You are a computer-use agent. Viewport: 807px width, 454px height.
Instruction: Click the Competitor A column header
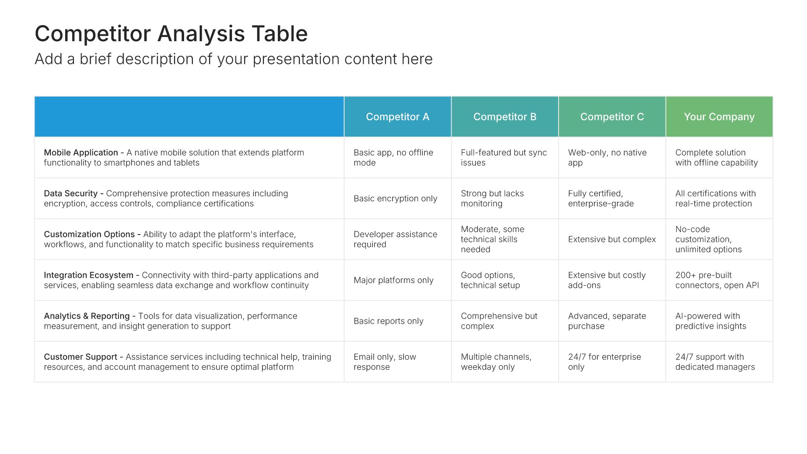tap(398, 117)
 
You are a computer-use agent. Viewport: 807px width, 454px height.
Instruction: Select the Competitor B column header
tap(505, 117)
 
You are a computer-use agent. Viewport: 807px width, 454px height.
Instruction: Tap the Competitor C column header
tap(612, 117)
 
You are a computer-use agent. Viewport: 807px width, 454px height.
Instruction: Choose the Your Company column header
tap(719, 117)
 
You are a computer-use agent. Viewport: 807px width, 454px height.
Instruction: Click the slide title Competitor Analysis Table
tap(171, 34)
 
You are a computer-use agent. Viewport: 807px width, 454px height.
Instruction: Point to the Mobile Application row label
tap(81, 153)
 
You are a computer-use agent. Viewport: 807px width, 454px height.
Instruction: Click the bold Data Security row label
tap(71, 193)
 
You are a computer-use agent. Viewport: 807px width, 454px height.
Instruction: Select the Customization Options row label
tap(89, 234)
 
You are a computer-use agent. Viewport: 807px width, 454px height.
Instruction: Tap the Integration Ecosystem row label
tap(88, 275)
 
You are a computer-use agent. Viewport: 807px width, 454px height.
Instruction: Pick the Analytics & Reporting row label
tap(87, 316)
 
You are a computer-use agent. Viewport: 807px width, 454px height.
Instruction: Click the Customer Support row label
tap(80, 357)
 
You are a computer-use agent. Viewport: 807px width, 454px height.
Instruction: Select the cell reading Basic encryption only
tap(395, 198)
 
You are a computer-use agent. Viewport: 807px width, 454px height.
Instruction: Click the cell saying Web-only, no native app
tap(607, 158)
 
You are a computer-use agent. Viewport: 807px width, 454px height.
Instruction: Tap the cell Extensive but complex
tap(612, 239)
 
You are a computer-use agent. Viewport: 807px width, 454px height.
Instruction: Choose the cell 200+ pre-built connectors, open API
tap(717, 280)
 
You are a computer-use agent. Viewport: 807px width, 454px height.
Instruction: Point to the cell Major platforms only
tap(393, 280)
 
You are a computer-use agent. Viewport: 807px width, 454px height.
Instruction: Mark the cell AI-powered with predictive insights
tap(711, 321)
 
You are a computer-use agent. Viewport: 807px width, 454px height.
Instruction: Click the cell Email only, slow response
tap(385, 362)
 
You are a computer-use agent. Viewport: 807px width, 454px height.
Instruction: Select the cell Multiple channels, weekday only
tap(496, 362)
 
